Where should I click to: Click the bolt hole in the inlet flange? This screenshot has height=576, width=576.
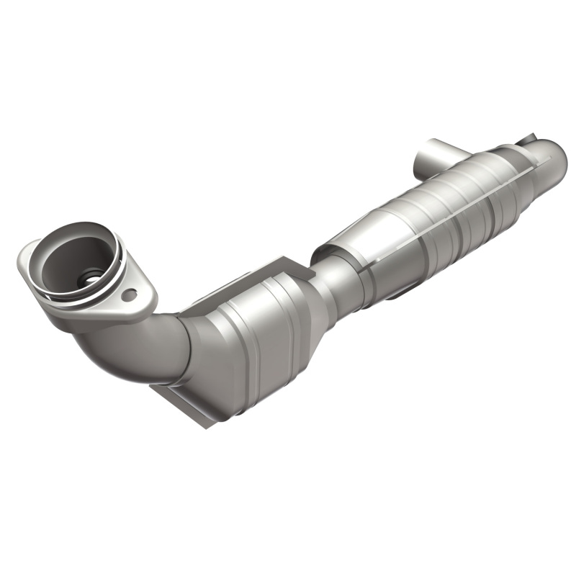[x=129, y=294]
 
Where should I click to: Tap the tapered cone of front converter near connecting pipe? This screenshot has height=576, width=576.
[x=306, y=288]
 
